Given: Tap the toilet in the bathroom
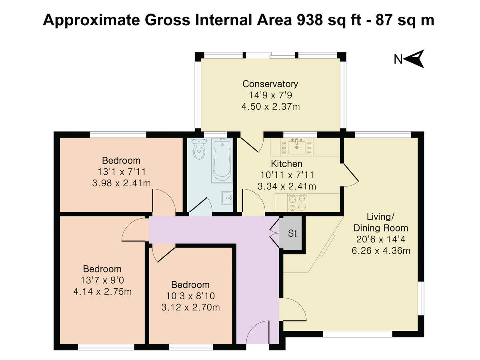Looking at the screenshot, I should pos(198,150).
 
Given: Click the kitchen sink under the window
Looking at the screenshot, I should pos(296,146).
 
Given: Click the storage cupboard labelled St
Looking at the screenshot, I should pos(292,234).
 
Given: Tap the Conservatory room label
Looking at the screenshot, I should pos(270,84).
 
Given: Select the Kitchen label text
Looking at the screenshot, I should pos(286,164).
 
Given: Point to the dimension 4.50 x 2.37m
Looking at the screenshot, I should pos(270,107).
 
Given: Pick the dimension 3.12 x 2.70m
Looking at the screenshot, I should pos(190,308).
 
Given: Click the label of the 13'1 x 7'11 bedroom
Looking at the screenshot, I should pos(121,161).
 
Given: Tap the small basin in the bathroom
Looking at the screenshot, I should pos(227,198).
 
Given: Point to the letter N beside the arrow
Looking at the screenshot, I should pos(398,60).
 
